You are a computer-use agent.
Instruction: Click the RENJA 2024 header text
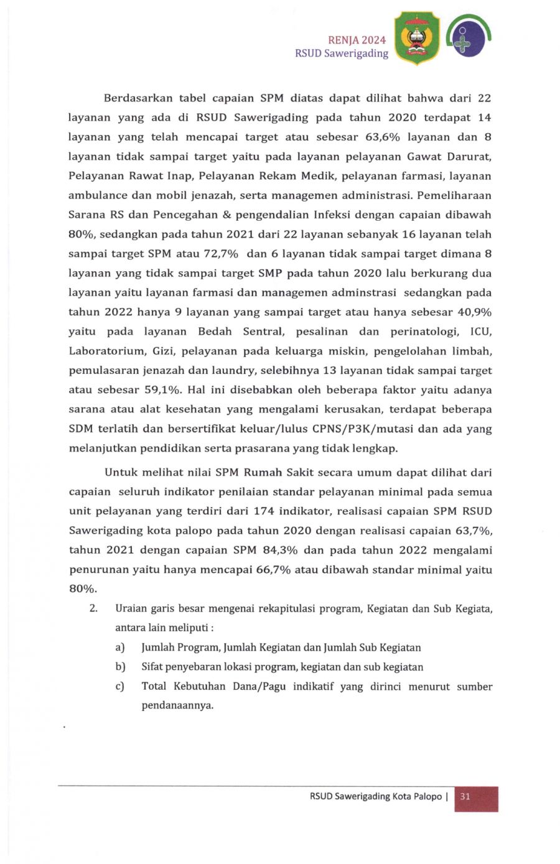pos(357,40)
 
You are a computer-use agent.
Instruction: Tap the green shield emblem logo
pos(416,39)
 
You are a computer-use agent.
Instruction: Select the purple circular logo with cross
pos(469,37)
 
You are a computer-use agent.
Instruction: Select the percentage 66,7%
pos(273,569)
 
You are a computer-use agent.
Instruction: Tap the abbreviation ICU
pos(480,332)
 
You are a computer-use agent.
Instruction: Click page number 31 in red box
pos(465,797)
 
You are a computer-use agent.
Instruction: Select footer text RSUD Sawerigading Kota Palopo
pos(375,797)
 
